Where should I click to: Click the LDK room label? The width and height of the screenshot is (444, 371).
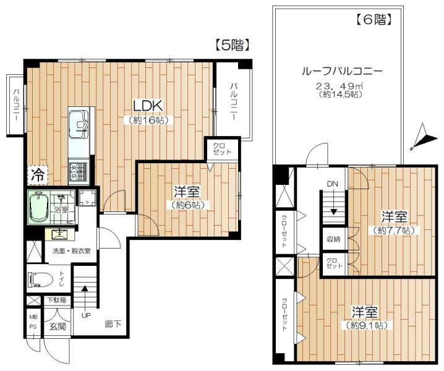tap(148, 106)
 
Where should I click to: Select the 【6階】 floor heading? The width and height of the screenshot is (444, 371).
tap(374, 20)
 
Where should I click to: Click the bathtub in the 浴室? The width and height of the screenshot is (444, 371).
tap(38, 207)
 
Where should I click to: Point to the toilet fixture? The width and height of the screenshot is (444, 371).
tap(40, 279)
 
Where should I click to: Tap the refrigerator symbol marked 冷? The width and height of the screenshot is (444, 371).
tap(38, 175)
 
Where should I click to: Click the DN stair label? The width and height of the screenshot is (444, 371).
tap(333, 184)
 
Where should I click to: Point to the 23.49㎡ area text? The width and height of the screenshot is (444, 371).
tap(340, 85)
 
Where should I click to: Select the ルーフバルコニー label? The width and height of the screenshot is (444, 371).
tap(343, 71)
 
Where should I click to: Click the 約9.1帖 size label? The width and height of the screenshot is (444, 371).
tap(366, 325)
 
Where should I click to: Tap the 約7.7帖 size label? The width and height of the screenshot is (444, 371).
tap(394, 230)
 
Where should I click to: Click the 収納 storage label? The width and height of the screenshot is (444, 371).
tap(333, 239)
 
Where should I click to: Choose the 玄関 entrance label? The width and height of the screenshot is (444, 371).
tap(58, 326)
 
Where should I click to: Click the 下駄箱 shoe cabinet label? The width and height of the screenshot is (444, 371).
tap(56, 300)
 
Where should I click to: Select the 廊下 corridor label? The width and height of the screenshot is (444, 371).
tap(113, 324)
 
